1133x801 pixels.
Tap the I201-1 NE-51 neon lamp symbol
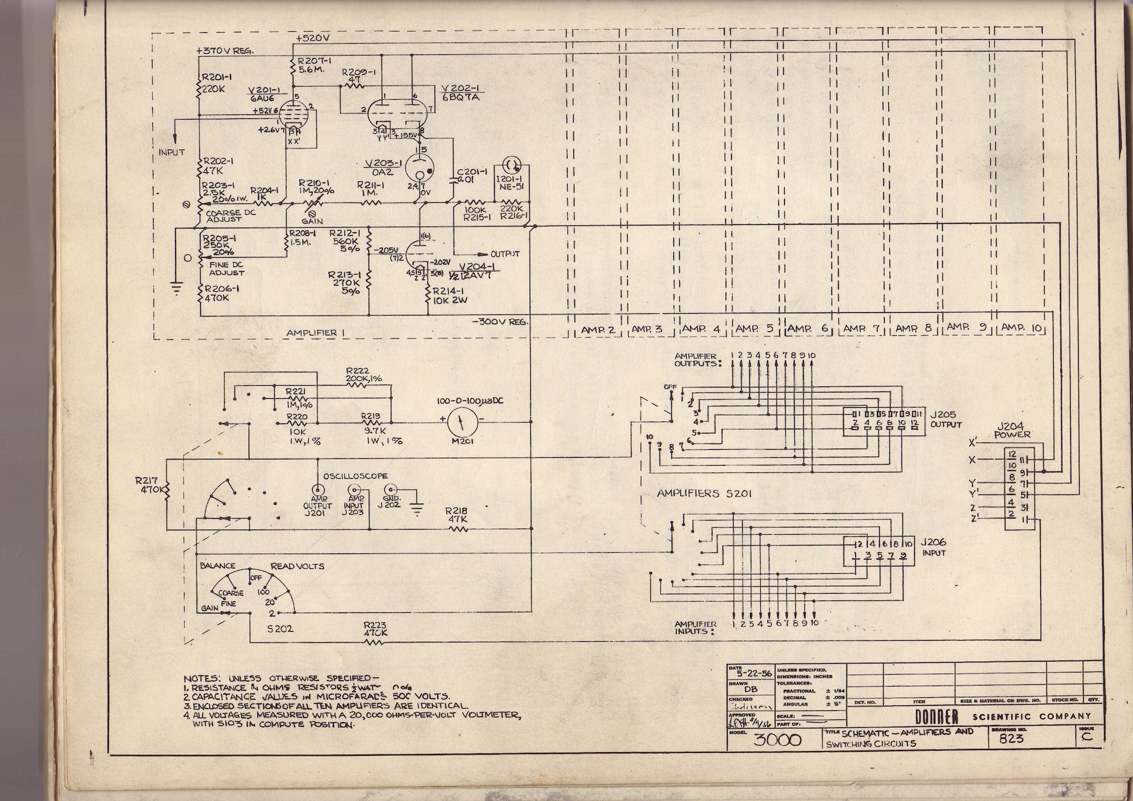[x=512, y=164]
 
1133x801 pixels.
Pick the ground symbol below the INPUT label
[x=177, y=289]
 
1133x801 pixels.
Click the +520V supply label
[x=312, y=38]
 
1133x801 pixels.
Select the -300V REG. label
[x=500, y=322]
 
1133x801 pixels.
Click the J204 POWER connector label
[x=1012, y=431]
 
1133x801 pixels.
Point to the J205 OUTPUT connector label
[x=945, y=420]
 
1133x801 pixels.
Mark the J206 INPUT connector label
[x=934, y=547]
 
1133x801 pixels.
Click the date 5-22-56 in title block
[x=751, y=674]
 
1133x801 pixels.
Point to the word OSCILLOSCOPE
[x=356, y=476]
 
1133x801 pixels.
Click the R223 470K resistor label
[x=376, y=629]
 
